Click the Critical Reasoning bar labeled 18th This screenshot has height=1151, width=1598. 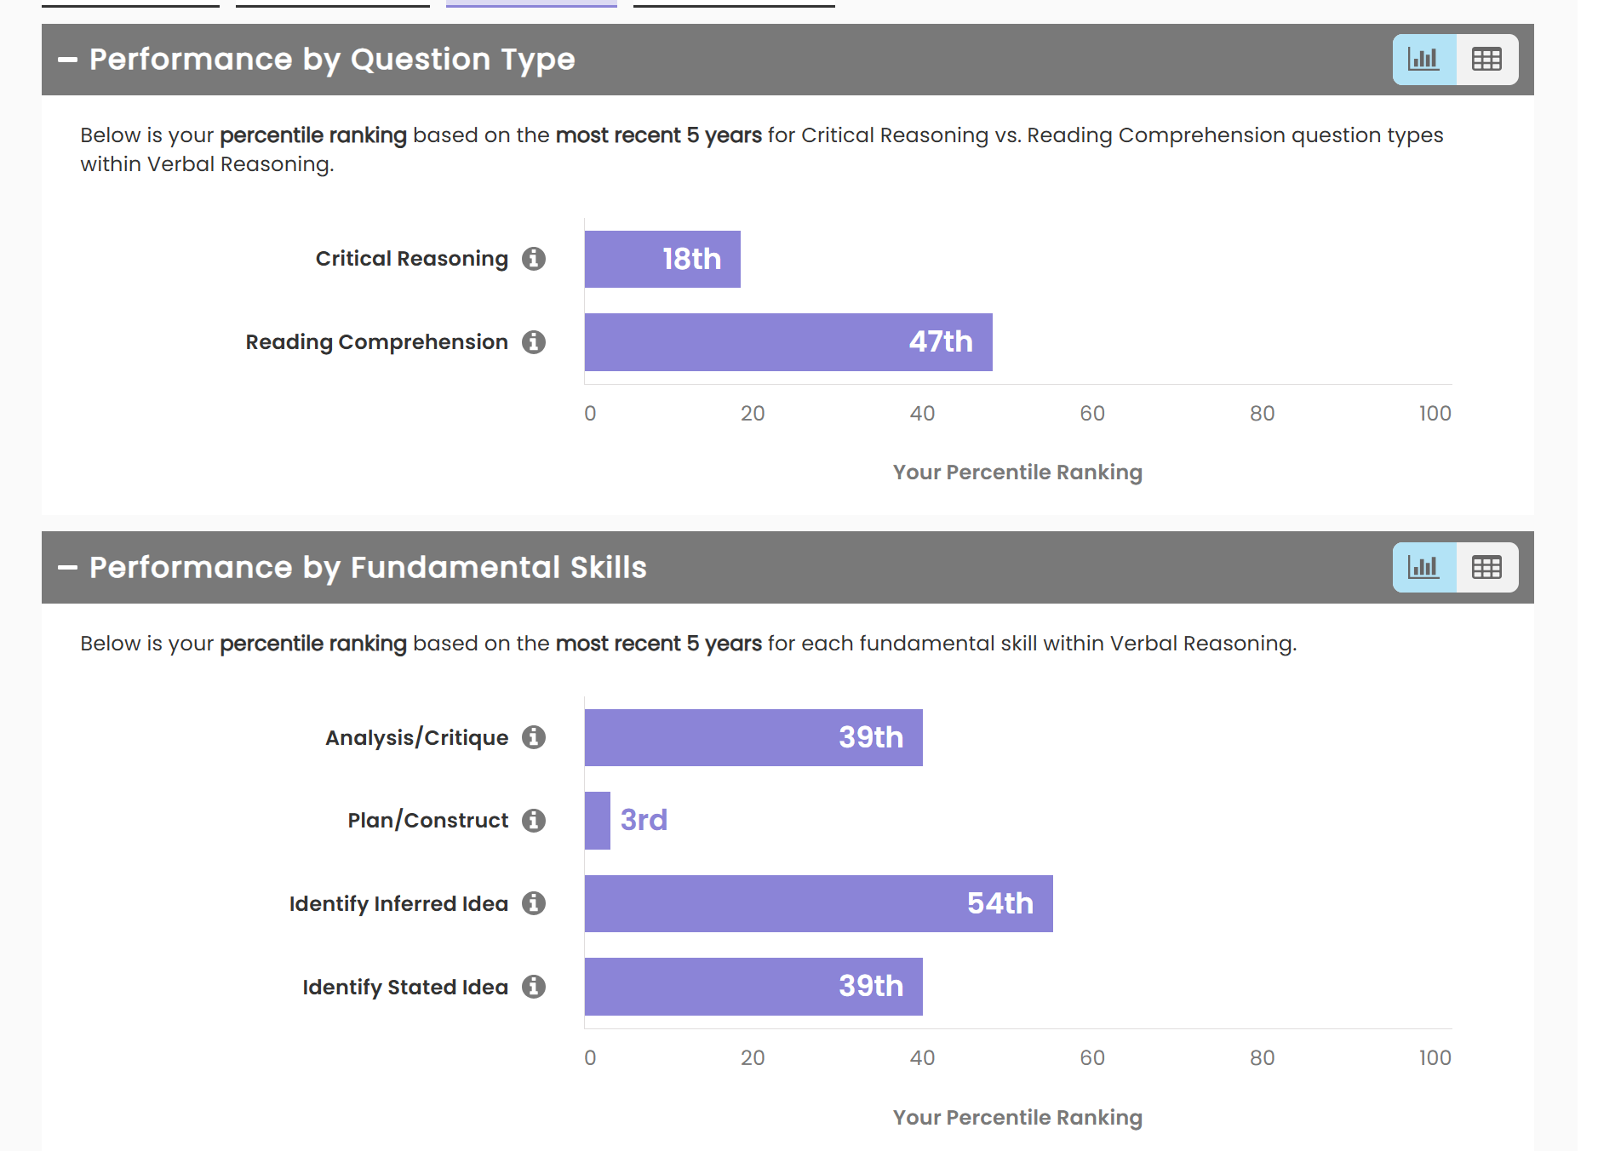point(662,259)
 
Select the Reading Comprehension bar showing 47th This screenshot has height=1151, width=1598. point(788,342)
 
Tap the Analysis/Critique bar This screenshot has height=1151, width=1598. point(753,737)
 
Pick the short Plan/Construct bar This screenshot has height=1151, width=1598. point(598,821)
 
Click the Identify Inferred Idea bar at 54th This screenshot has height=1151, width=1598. point(817,903)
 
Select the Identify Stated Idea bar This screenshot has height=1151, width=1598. point(753,987)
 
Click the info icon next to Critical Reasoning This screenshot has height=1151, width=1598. point(534,259)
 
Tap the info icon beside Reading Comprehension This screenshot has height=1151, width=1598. point(534,342)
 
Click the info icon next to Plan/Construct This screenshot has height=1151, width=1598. point(534,821)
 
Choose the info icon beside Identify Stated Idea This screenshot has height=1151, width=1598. point(534,987)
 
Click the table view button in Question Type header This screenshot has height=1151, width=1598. point(1486,60)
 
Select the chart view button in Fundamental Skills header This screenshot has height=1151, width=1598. point(1423,567)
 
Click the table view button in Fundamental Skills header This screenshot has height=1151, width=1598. point(1486,567)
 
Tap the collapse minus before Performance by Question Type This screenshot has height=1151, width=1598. point(67,60)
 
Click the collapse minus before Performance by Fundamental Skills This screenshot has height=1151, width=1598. point(67,568)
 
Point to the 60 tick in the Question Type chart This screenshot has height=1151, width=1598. point(1092,414)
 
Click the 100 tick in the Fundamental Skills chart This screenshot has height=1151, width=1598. point(1435,1058)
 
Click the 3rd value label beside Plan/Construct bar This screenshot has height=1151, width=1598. point(644,821)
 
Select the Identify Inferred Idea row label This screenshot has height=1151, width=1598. point(398,903)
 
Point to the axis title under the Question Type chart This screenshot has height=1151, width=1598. point(1017,472)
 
